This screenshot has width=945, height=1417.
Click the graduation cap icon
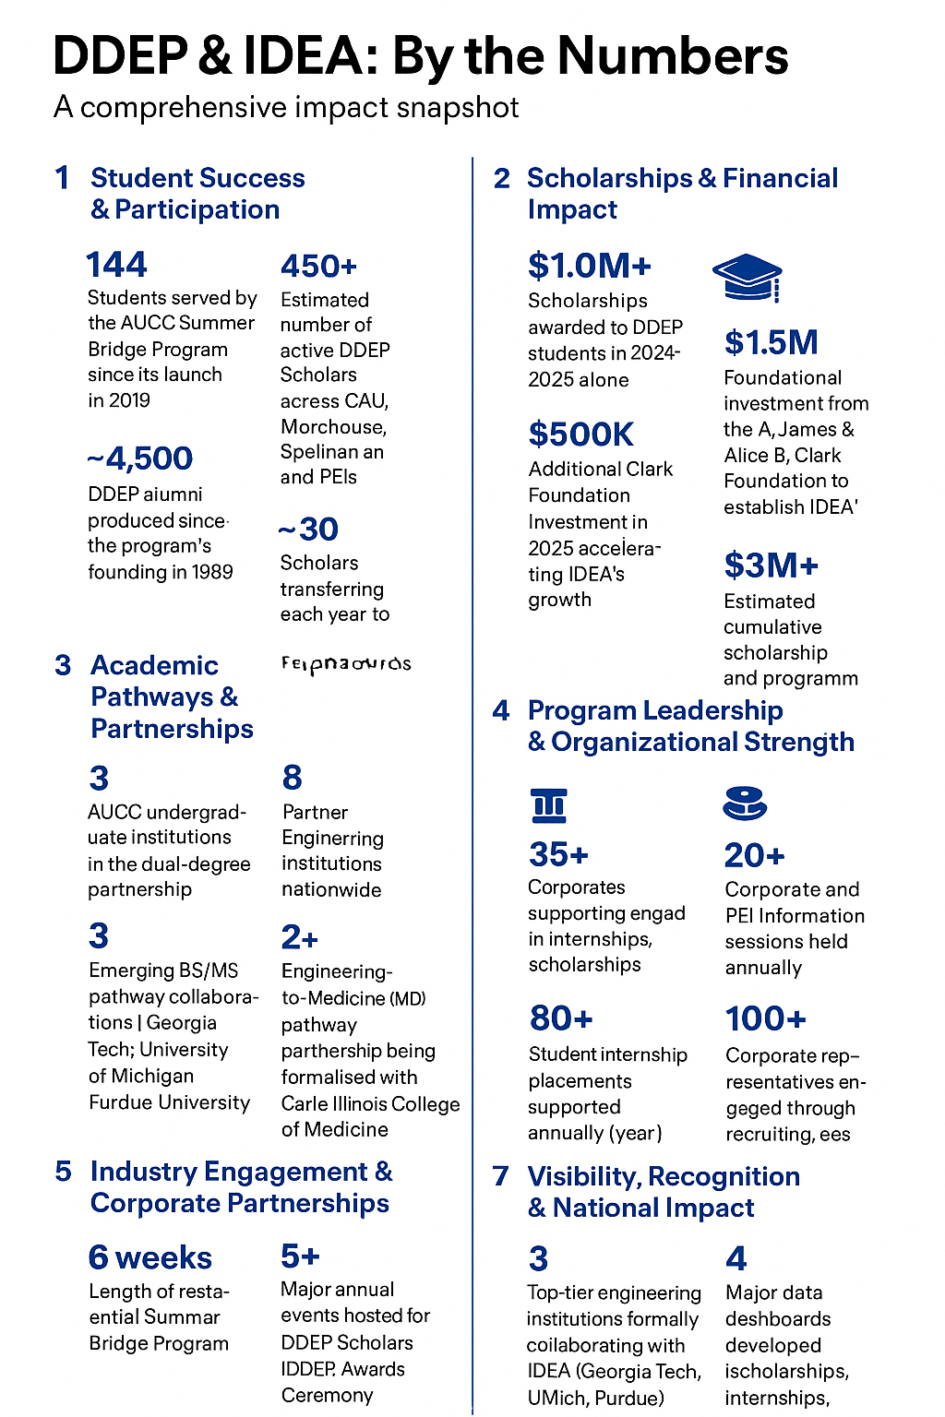coord(748,278)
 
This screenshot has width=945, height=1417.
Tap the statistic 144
coord(116,265)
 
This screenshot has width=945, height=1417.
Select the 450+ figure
coord(318,267)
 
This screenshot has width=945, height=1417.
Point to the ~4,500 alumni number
coord(140,458)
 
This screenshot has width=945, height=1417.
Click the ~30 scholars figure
coord(308,530)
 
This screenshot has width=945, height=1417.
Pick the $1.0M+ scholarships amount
coord(590,266)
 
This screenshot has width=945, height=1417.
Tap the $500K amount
coord(581,435)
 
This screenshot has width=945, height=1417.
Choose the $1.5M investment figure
coord(772,342)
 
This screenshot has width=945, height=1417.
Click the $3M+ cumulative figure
coord(772,565)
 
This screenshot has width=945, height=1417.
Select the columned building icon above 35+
coord(549,805)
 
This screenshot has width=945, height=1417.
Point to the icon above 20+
coord(745,804)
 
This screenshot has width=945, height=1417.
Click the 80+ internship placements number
coord(561,1018)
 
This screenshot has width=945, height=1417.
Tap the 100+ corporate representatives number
coord(766,1018)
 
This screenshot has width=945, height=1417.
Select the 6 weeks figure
coord(150,1257)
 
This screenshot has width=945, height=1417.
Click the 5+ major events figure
coord(300,1256)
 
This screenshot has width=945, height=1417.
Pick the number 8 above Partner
coord(293,778)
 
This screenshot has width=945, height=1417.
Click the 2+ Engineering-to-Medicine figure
coord(300,937)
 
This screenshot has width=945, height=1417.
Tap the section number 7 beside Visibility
coord(501,1176)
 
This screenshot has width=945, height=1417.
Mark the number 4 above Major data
coord(736,1258)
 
